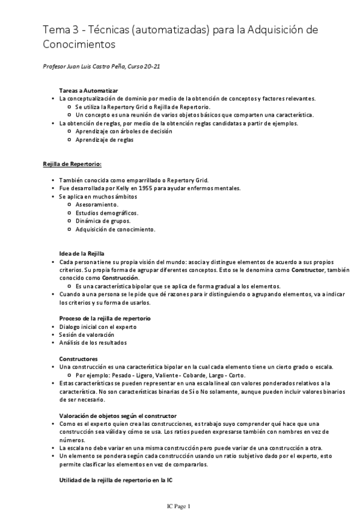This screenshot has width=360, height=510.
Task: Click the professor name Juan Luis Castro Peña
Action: point(88,66)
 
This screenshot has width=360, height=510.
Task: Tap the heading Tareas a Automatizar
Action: point(84,90)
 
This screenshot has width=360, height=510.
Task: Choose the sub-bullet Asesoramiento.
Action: point(97,204)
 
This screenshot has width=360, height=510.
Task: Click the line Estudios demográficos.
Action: point(106,213)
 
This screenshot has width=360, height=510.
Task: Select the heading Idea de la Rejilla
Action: point(82,253)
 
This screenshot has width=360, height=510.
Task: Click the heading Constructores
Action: point(79,358)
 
